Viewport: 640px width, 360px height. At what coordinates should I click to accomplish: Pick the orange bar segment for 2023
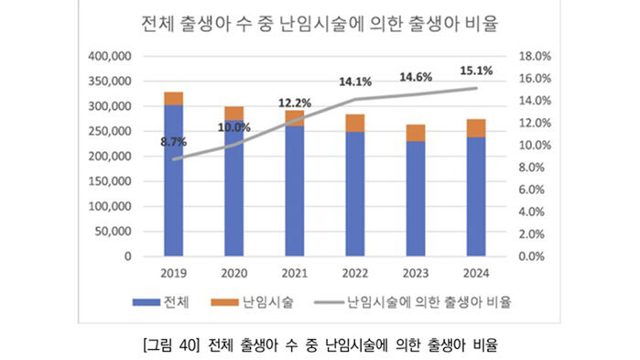click(x=415, y=133)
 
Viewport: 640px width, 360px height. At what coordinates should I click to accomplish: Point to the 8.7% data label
click(x=173, y=142)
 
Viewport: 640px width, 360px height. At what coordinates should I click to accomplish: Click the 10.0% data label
click(x=233, y=127)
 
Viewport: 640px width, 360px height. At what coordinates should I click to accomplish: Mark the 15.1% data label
click(x=475, y=70)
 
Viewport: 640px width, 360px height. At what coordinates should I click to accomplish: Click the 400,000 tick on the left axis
click(x=110, y=56)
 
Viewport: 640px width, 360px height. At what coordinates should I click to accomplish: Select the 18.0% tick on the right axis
click(x=536, y=56)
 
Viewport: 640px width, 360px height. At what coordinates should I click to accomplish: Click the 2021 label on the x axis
click(x=294, y=272)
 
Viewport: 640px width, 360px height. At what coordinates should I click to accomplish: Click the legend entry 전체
click(x=161, y=300)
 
